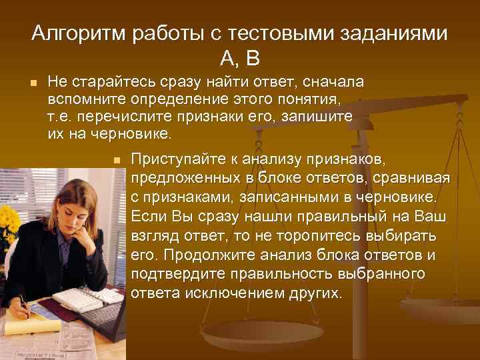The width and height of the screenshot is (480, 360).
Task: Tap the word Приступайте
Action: [x=179, y=161]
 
